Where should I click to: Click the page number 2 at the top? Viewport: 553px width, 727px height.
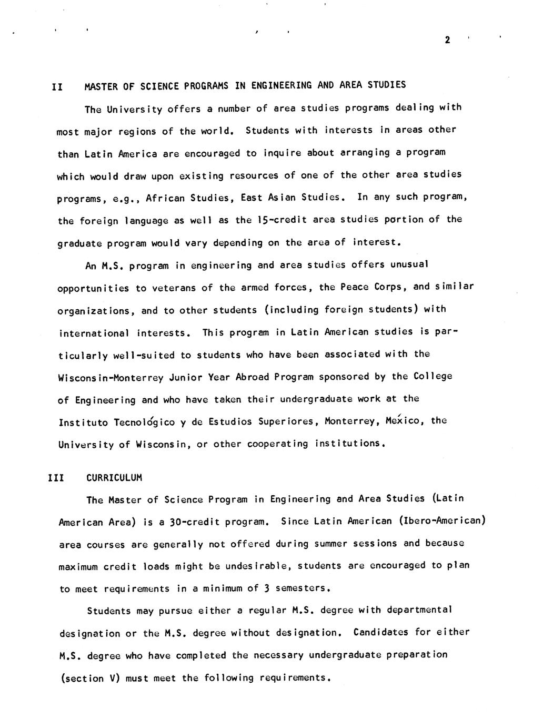pyautogui.click(x=447, y=40)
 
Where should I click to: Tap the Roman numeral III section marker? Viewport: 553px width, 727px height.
pyautogui.click(x=56, y=478)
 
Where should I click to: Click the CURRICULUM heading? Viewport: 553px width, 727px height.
pyautogui.click(x=114, y=478)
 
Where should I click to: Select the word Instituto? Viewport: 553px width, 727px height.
pyautogui.click(x=83, y=423)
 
